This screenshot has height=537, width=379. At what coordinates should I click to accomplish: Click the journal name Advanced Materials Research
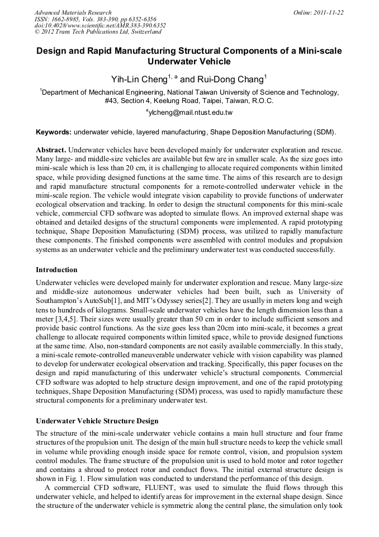click(73, 12)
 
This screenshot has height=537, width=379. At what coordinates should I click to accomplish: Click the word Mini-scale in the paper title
click(315, 50)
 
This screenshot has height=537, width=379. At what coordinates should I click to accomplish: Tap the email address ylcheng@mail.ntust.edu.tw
click(190, 113)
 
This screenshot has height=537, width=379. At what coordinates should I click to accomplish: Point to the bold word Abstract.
click(51, 151)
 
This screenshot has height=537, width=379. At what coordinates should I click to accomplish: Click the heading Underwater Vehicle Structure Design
click(97, 421)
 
